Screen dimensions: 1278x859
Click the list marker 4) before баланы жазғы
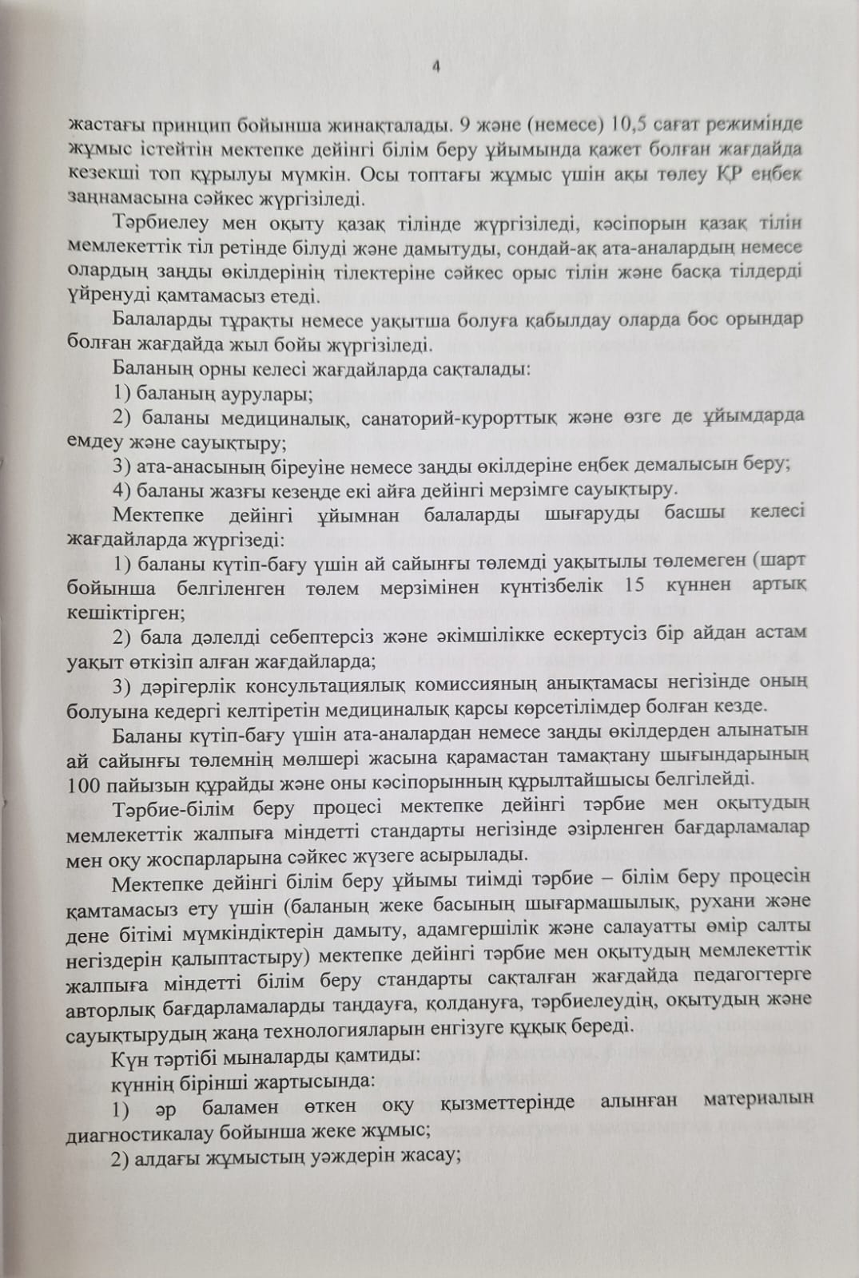123,489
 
